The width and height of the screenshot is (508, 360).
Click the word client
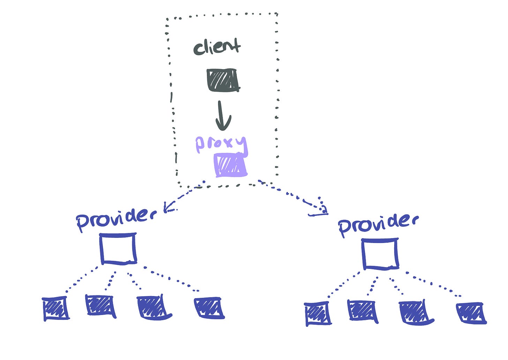[x=217, y=47]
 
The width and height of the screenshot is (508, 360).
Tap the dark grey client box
[x=223, y=80]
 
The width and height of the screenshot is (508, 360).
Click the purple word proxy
[x=221, y=144]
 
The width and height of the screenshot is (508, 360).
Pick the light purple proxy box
[x=230, y=166]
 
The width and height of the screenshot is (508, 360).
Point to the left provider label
[x=115, y=219]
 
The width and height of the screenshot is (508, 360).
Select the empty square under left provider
[x=118, y=249]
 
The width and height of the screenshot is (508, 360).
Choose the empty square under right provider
[x=380, y=254]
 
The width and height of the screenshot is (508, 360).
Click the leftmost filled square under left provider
[x=55, y=308]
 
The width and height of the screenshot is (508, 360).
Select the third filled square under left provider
[x=152, y=308]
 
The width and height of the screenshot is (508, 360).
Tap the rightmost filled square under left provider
[x=208, y=308]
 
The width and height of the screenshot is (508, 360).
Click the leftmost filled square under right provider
[x=317, y=314]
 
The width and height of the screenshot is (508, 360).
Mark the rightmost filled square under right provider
[x=470, y=313]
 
